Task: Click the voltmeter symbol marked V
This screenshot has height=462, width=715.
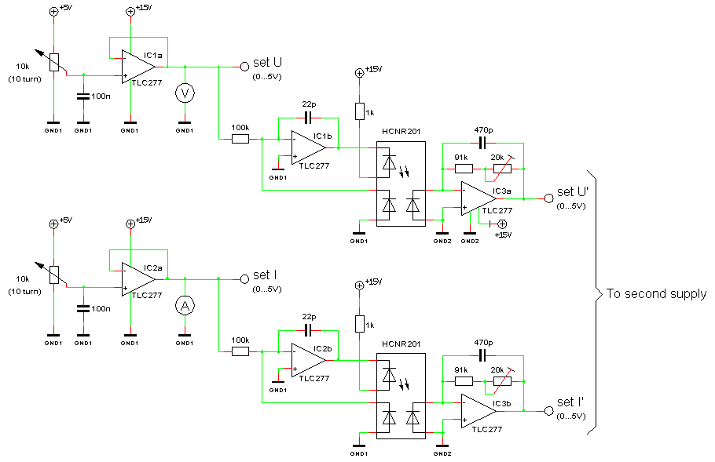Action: tap(185, 93)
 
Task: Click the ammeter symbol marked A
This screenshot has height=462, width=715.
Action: tap(185, 306)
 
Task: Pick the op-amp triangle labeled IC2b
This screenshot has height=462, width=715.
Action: tap(308, 360)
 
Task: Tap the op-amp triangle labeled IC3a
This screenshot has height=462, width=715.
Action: tap(478, 198)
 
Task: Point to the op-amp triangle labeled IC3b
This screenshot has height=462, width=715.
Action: tap(478, 411)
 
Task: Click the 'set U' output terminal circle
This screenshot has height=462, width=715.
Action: tap(244, 67)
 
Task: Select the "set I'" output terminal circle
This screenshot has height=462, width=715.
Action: tap(549, 411)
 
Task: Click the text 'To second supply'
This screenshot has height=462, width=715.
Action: tap(656, 294)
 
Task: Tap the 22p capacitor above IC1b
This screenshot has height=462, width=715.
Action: tap(308, 118)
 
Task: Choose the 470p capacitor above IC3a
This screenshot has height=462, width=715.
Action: tap(482, 144)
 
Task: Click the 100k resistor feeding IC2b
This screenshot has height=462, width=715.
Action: tap(240, 351)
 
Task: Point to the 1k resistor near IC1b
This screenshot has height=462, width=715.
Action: tap(359, 111)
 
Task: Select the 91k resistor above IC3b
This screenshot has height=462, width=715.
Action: tap(464, 381)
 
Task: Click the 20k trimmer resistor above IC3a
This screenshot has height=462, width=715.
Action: tap(502, 169)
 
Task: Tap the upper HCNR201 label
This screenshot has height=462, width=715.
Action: tap(401, 132)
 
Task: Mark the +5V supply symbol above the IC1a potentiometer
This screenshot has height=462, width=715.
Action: tap(53, 12)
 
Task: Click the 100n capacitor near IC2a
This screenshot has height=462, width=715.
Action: tap(83, 308)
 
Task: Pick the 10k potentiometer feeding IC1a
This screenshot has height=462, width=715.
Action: tap(53, 63)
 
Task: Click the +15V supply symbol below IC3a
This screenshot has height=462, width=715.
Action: tap(502, 224)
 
